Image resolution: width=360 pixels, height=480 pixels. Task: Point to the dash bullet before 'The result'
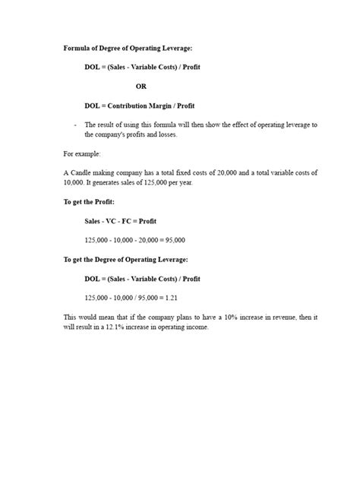[x=75, y=124]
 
